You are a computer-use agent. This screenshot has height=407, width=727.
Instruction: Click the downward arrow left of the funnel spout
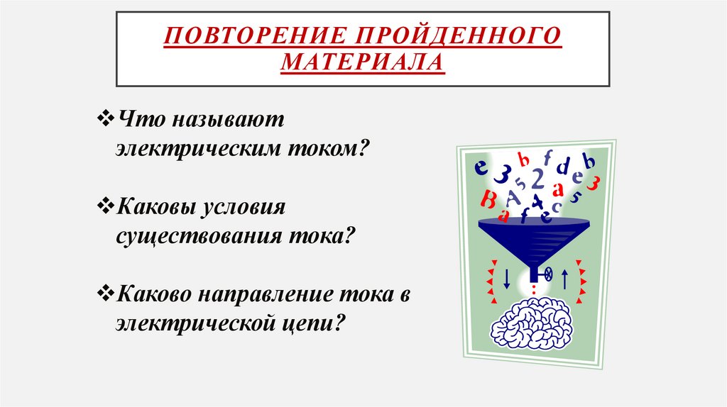pos(506,278)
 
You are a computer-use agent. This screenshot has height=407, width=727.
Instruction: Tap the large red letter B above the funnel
pos(488,197)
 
